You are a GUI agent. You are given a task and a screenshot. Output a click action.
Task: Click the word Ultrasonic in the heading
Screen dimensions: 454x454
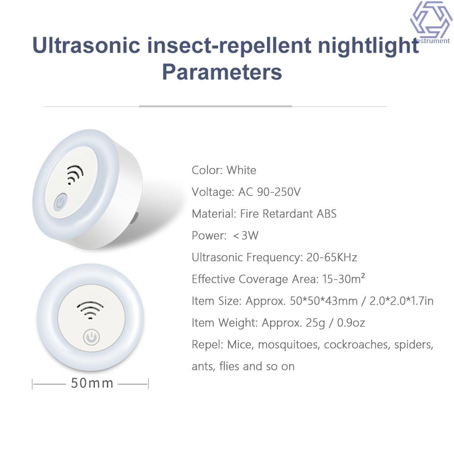pyautogui.click(x=86, y=45)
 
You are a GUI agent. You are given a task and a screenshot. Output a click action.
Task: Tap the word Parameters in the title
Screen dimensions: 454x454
pyautogui.click(x=222, y=72)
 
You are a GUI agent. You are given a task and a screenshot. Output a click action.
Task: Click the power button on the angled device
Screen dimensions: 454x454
pyautogui.click(x=60, y=202)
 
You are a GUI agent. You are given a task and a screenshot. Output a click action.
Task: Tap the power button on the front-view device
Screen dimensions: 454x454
pyautogui.click(x=92, y=337)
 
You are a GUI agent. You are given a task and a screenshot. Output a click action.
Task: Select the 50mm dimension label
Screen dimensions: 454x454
pyautogui.click(x=92, y=383)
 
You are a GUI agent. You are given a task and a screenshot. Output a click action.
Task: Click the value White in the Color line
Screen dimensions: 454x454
pyautogui.click(x=241, y=170)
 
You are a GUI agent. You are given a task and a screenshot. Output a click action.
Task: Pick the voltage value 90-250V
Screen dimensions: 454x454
pyautogui.click(x=279, y=192)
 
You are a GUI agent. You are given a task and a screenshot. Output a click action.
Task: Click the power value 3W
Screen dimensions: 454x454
pyautogui.click(x=250, y=235)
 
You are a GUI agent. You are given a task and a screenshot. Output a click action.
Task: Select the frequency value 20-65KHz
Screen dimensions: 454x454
pyautogui.click(x=332, y=257)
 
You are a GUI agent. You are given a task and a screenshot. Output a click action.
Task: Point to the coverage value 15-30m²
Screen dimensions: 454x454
pyautogui.click(x=343, y=279)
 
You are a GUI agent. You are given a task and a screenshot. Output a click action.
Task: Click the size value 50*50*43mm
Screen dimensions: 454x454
pyautogui.click(x=324, y=301)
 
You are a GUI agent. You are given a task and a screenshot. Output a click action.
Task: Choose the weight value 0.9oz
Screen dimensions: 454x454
pyautogui.click(x=351, y=322)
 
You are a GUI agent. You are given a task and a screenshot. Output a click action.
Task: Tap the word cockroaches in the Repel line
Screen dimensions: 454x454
pyautogui.click(x=357, y=345)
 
